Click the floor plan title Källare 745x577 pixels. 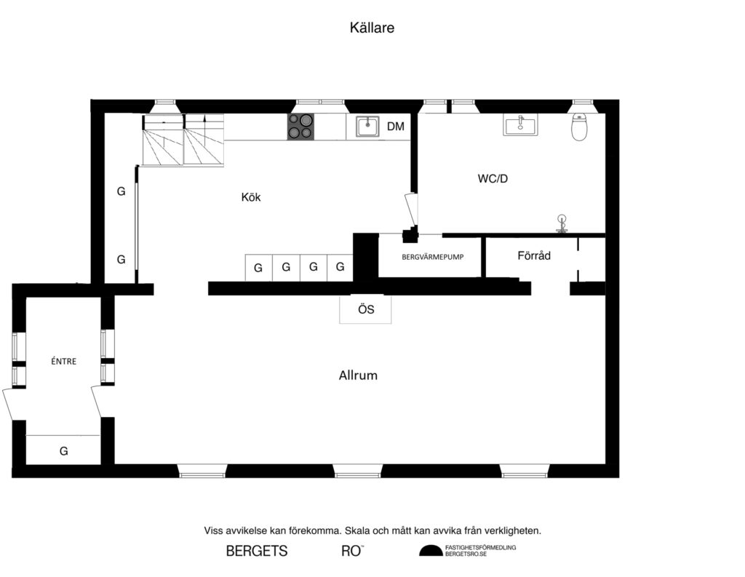(372, 28)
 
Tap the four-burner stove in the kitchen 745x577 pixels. (300, 127)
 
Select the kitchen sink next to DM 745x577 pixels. (367, 127)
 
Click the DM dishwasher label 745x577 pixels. (395, 127)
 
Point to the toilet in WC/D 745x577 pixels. (580, 128)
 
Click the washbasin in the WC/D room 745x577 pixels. (521, 125)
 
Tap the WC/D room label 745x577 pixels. (493, 178)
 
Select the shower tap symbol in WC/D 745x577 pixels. (561, 223)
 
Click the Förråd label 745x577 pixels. (534, 256)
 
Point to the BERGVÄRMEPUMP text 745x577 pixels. (433, 258)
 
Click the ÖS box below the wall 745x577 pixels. (366, 309)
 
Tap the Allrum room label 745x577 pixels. (358, 376)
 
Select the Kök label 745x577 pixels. (251, 197)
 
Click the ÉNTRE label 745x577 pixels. (64, 361)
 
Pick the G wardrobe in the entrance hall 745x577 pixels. (63, 451)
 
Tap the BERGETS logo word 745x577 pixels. (257, 551)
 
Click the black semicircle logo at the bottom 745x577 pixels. (430, 551)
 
